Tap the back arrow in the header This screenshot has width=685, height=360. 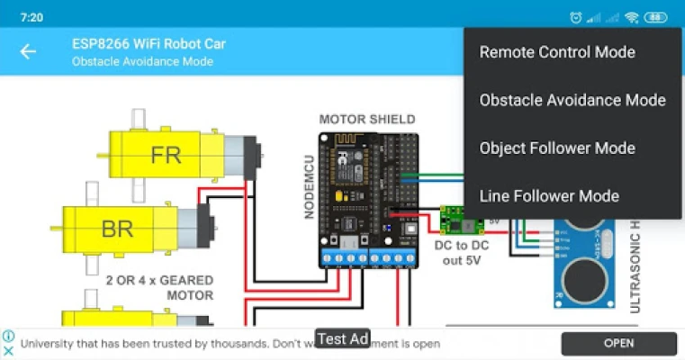pos(28,51)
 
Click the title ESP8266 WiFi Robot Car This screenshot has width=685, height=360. pos(149,43)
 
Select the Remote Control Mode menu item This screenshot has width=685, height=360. pos(557,52)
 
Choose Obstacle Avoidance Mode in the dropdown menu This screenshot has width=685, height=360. pos(572,100)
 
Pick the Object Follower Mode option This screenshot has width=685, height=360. pos(557,148)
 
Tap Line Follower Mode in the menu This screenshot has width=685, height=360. pos(549,195)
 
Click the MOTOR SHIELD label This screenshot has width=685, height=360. pos(367,120)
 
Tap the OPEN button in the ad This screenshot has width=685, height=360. pos(618,343)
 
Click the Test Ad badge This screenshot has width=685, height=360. pos(343,338)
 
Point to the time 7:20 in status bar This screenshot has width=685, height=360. pos(32,17)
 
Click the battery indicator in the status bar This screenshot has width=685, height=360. pos(656,17)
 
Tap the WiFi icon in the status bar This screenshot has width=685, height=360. pos(632,17)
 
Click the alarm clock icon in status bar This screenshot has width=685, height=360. pos(575,17)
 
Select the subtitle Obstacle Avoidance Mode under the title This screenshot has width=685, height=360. pos(142,61)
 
